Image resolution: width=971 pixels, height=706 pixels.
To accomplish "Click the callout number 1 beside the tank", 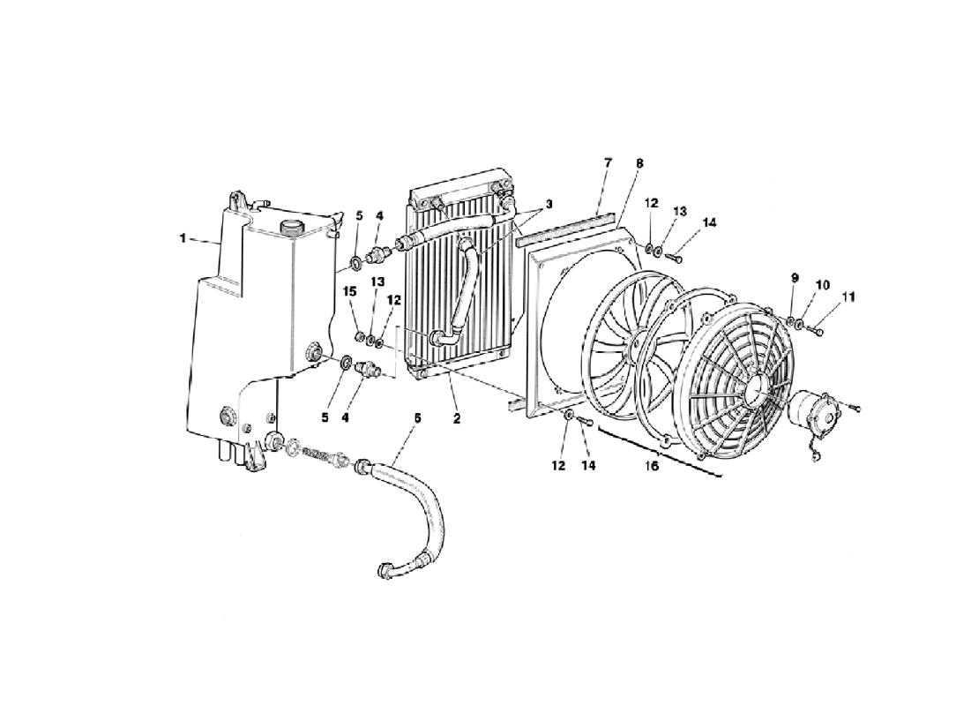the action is (x=183, y=238).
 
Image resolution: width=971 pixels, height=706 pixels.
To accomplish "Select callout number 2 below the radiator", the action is (x=456, y=419).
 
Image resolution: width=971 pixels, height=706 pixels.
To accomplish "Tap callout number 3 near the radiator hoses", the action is (x=549, y=204).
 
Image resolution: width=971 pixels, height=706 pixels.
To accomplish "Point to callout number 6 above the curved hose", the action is (x=417, y=418).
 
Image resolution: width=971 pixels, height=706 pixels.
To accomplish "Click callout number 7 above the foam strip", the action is (x=608, y=163).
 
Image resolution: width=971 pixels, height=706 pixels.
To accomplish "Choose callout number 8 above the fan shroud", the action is (x=639, y=163).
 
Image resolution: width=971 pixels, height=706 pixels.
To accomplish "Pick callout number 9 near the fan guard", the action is (x=795, y=278).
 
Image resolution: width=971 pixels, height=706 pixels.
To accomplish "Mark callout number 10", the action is (x=822, y=285).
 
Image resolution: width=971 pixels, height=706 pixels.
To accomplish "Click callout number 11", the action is (x=848, y=297).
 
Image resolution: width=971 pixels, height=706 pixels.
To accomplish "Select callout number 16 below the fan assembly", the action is (x=652, y=466).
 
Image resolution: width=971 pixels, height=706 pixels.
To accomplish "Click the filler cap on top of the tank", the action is (x=290, y=228).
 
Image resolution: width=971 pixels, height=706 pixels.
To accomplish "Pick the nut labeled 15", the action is (x=358, y=337).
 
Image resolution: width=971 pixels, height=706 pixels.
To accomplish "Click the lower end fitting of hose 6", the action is (x=385, y=569).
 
